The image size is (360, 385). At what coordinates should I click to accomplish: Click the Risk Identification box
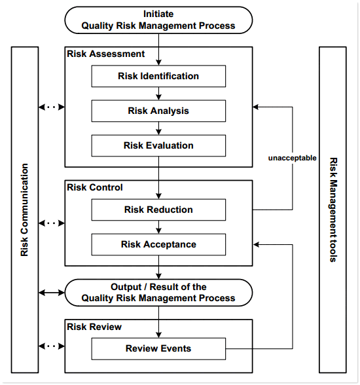(158, 77)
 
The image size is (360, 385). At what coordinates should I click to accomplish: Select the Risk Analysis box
(158, 111)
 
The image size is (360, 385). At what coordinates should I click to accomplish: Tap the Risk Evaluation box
(158, 145)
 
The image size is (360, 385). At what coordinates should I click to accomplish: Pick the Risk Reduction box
(158, 210)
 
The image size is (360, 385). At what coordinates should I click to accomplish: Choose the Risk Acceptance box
(158, 245)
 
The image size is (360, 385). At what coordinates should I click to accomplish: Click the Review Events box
(158, 348)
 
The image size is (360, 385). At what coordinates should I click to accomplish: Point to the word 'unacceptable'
(292, 158)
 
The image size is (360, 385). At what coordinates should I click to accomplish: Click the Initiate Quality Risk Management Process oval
(158, 20)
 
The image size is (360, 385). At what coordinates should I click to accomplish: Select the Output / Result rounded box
(158, 292)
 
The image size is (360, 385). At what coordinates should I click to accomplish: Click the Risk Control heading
(95, 187)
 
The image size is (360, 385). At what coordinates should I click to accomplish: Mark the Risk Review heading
(94, 326)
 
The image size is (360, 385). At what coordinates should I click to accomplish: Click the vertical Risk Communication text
(25, 210)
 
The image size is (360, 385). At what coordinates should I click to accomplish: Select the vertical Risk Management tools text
(333, 210)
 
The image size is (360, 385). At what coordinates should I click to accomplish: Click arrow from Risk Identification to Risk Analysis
(158, 94)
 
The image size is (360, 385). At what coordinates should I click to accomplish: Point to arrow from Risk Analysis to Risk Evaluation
(158, 128)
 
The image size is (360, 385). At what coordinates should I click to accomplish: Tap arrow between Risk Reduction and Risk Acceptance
(158, 227)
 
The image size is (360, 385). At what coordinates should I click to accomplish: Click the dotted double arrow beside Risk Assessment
(52, 107)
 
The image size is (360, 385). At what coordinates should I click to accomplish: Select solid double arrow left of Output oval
(52, 292)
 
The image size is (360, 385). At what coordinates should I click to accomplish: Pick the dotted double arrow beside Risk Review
(52, 345)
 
